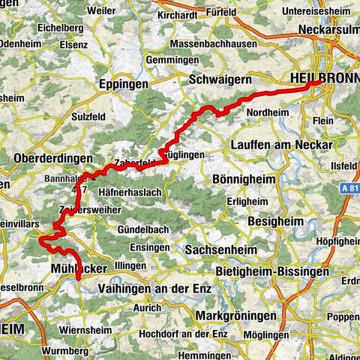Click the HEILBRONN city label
click(322, 78)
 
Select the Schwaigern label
click(220, 77)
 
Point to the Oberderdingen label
click(52, 159)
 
